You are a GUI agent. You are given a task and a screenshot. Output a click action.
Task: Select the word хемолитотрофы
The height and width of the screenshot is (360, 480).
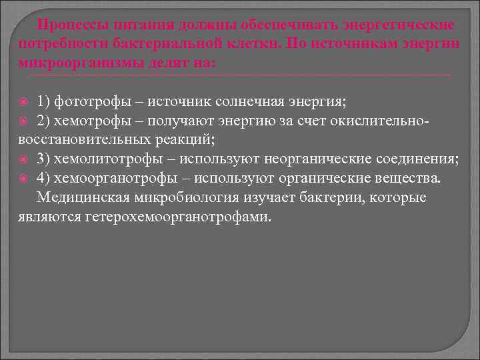tap(109, 159)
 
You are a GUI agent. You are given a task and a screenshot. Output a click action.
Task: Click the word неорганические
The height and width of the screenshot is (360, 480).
tap(308, 159)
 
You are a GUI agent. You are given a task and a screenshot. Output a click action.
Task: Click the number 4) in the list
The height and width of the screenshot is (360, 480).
tap(44, 179)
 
